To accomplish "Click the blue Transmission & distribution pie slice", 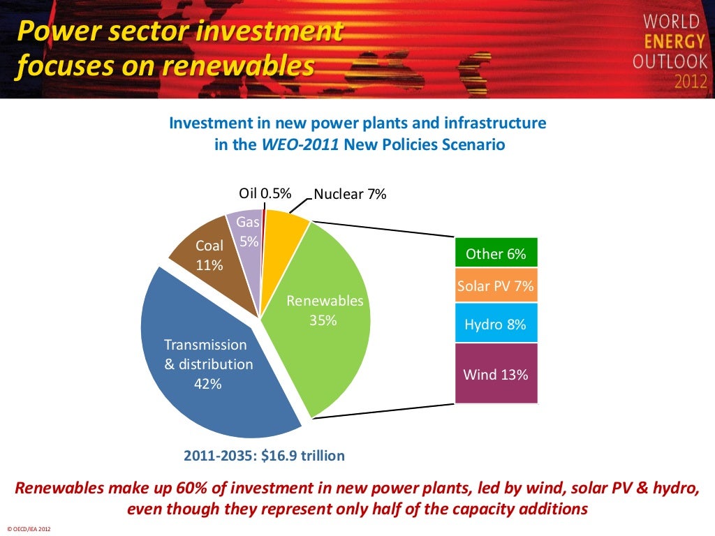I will [x=202, y=377].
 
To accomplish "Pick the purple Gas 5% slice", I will [x=246, y=230].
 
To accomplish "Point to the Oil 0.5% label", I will [x=265, y=193].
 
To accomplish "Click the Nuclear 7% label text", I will [x=350, y=194].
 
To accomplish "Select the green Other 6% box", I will [x=496, y=253].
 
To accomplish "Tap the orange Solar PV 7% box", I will [x=496, y=286].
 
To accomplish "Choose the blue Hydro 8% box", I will [x=496, y=324].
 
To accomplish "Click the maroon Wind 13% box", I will [x=496, y=374].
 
